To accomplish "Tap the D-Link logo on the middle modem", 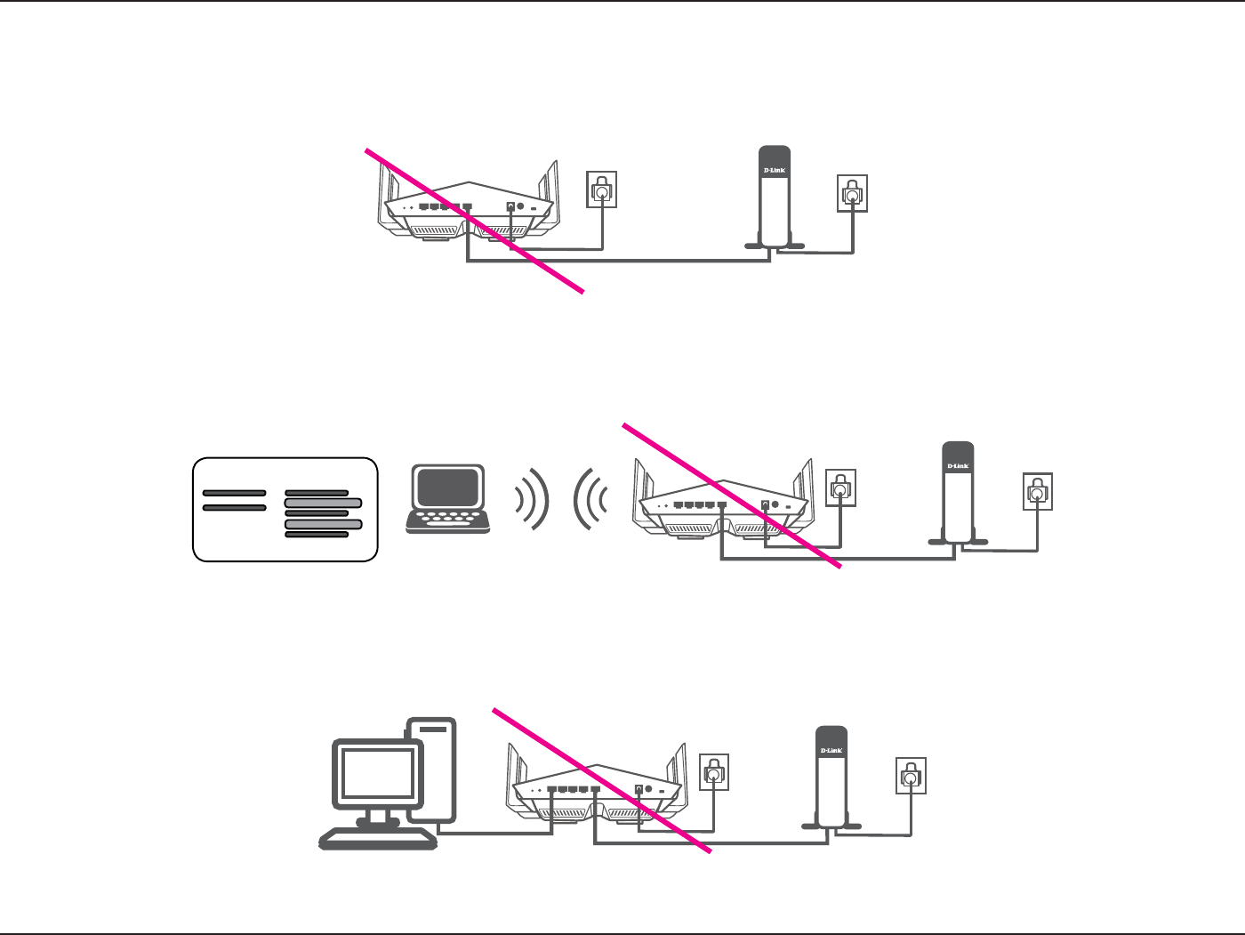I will click(958, 466).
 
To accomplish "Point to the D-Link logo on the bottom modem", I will click(831, 751).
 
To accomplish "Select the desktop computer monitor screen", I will click(378, 772).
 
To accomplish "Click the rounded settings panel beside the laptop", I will click(285, 510).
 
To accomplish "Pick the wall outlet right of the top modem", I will click(852, 193).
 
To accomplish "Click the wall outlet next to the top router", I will click(602, 189).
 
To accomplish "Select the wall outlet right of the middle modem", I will click(1038, 491).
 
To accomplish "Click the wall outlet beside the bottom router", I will click(714, 772).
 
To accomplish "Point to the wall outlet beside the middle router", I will click(841, 488).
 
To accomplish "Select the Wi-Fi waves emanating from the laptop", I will click(532, 499).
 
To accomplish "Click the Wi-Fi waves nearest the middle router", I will click(591, 499).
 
